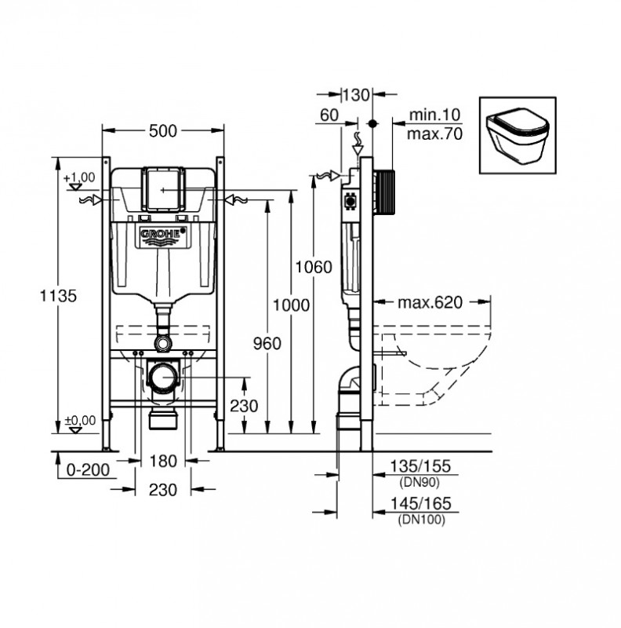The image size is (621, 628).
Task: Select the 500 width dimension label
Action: (163, 131)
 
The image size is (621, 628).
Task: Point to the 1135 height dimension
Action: (58, 296)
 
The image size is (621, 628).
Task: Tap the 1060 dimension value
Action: (314, 267)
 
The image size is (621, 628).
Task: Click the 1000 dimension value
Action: (292, 305)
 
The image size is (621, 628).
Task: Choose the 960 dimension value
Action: (267, 343)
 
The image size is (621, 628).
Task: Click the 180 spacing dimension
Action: (163, 461)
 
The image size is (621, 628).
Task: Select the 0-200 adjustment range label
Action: (88, 469)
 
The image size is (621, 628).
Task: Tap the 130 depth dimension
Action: (357, 95)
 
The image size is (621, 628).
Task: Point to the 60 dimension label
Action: (329, 115)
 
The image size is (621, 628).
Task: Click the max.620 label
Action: (430, 302)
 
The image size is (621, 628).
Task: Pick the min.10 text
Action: (434, 115)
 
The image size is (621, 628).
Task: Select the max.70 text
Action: (434, 133)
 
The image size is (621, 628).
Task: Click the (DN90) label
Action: (419, 483)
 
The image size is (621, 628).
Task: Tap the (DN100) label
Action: (421, 520)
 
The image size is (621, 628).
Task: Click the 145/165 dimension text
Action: (420, 503)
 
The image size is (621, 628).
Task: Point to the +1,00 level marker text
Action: (79, 177)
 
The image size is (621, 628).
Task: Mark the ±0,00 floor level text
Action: (81, 420)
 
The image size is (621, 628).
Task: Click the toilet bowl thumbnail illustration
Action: (517, 135)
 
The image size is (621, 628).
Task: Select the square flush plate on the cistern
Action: (163, 189)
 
